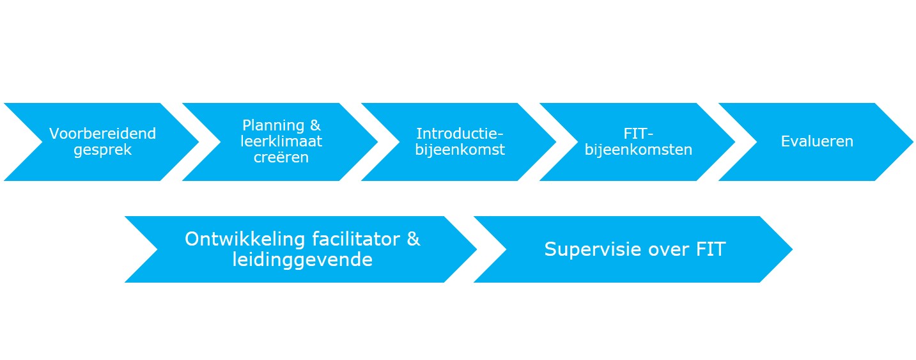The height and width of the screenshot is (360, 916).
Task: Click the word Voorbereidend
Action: [103, 134]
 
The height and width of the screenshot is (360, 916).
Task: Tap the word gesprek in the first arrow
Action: [103, 150]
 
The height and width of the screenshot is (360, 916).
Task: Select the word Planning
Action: [273, 125]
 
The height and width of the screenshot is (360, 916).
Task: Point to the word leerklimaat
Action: [281, 141]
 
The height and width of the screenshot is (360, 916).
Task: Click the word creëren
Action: [281, 157]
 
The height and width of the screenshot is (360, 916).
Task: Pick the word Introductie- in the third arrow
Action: [460, 134]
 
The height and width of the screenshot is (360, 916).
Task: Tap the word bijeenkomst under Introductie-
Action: [460, 150]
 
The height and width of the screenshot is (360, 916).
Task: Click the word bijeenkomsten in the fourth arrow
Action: [639, 150]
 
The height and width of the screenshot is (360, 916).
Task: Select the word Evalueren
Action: [817, 141]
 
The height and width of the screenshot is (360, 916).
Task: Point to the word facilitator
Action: [356, 239]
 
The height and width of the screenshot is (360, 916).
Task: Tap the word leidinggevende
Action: [302, 260]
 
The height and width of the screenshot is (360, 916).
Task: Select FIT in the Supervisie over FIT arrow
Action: [711, 249]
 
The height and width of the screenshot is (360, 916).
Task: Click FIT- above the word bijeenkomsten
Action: [639, 134]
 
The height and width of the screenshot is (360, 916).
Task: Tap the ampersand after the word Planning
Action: [315, 125]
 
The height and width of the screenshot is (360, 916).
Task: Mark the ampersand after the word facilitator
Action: [414, 239]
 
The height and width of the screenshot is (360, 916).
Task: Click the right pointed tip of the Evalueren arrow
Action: [913, 142]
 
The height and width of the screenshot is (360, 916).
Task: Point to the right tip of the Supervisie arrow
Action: [793, 249]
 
